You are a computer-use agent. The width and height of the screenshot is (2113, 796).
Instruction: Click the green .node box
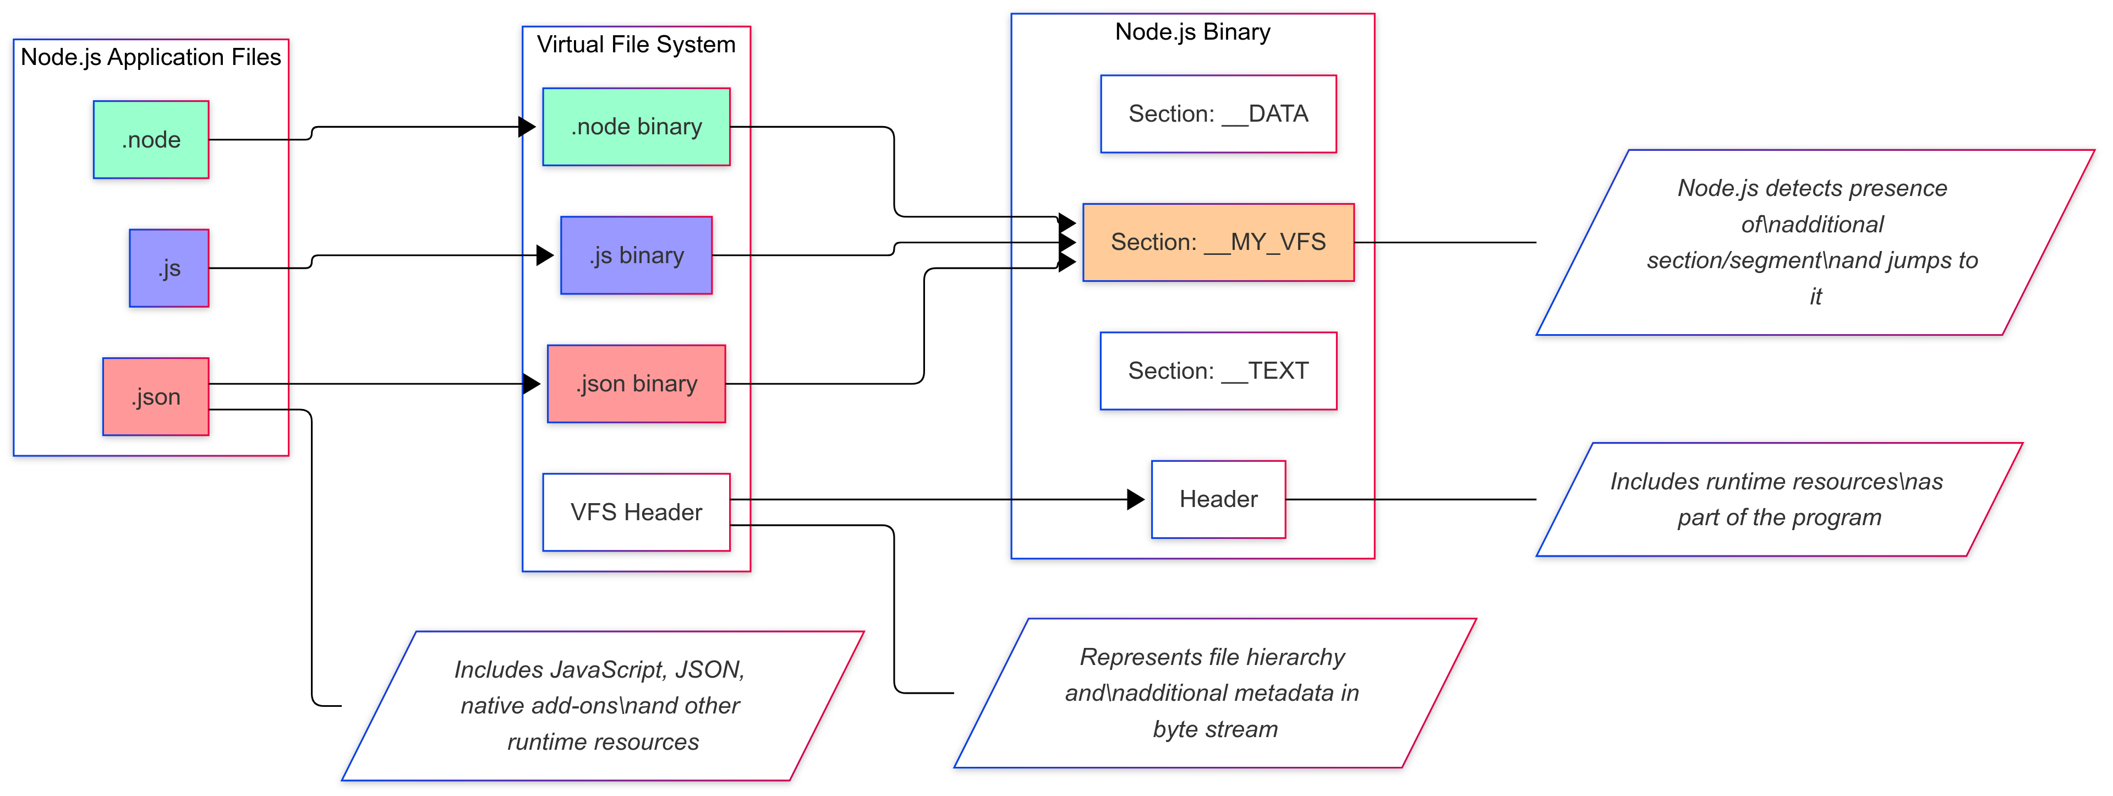point(151,139)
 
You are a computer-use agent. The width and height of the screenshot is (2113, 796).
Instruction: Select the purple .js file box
point(169,268)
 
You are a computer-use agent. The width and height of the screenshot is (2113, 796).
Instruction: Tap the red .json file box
point(156,396)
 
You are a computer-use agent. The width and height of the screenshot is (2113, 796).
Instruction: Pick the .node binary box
point(637,127)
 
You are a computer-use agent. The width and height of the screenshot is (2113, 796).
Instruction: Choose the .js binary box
point(637,255)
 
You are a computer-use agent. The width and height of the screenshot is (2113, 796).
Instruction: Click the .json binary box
point(637,383)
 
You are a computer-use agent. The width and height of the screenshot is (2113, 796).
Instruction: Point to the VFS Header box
point(637,512)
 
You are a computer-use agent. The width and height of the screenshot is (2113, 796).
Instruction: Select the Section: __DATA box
point(1218,114)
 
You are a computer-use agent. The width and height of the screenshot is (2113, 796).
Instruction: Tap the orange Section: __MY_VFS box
point(1218,242)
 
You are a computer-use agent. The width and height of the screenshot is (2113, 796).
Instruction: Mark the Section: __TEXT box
point(1218,371)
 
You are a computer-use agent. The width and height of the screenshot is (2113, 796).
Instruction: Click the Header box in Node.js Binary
point(1218,499)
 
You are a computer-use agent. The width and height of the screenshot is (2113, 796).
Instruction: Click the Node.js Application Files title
point(151,57)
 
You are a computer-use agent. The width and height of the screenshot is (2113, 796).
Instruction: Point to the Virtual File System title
point(637,44)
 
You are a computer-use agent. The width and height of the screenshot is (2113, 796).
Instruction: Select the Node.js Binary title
point(1192,32)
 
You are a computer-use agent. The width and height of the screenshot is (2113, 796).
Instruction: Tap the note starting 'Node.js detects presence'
point(1813,242)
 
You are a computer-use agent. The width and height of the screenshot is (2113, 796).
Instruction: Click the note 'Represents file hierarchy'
point(1214,693)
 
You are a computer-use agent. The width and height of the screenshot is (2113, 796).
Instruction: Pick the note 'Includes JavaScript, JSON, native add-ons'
point(602,706)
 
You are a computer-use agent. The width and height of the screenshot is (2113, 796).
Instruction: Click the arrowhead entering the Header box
point(1137,499)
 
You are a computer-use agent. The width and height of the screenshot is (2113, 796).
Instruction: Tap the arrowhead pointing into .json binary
point(532,383)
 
